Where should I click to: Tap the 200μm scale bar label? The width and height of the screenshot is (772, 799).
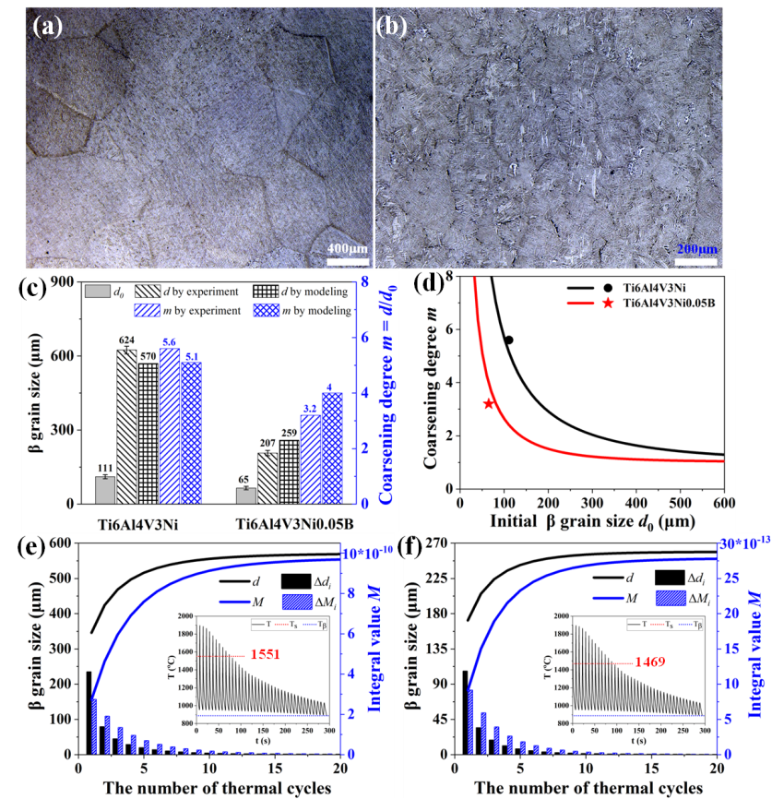click(697, 249)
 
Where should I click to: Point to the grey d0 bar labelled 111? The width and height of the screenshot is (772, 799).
click(105, 490)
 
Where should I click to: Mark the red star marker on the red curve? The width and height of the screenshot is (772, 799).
click(489, 403)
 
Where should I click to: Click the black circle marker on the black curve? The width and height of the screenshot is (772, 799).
click(508, 340)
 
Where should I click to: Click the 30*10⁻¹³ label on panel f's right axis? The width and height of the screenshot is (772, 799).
click(744, 543)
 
